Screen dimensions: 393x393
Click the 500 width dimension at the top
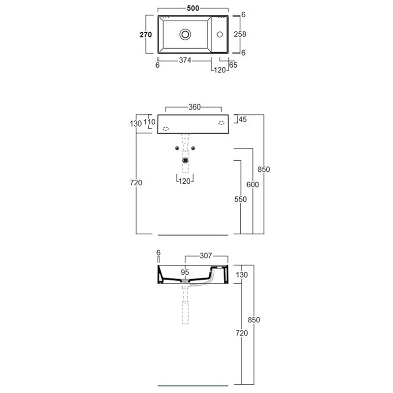click(193, 8)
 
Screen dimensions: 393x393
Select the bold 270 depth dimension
click(145, 34)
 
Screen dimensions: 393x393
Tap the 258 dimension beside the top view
click(240, 34)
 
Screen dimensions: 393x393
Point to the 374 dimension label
click(185, 60)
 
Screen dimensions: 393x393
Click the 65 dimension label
click(233, 65)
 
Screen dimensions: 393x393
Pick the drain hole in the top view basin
click(185, 34)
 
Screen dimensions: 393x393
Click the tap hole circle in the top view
click(220, 34)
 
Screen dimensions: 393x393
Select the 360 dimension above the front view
click(195, 107)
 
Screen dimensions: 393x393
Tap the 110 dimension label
click(149, 122)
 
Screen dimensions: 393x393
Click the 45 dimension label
click(243, 119)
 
